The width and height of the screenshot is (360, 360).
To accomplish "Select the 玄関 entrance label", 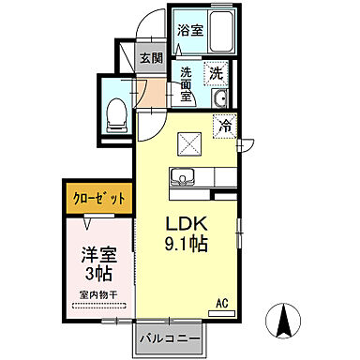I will click(151, 58).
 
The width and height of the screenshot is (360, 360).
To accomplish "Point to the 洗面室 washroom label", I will click(186, 83).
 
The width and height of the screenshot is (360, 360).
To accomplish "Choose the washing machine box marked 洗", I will click(217, 73).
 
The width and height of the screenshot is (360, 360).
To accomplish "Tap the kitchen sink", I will click(181, 175).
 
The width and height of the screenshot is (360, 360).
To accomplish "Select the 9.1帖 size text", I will click(187, 244).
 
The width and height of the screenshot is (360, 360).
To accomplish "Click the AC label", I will click(223, 302).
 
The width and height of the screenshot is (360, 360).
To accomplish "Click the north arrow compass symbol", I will click(281, 323).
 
